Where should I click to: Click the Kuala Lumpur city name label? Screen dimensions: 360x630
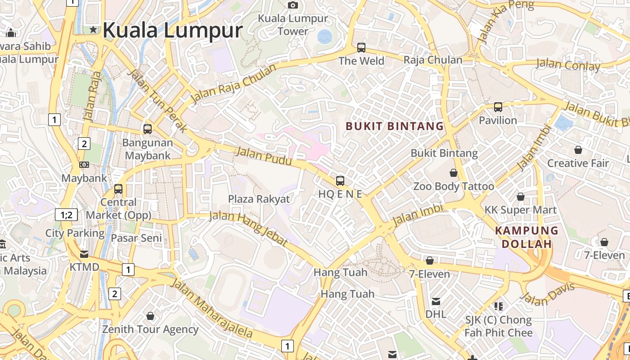click(x=172, y=30)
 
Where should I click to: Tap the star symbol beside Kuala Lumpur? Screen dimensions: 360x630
click(x=93, y=30)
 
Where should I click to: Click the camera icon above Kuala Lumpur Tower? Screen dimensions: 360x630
click(x=293, y=5)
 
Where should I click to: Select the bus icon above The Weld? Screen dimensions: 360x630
click(x=361, y=47)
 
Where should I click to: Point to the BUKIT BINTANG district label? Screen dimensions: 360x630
click(x=395, y=126)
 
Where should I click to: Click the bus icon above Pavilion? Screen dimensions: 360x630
click(x=498, y=107)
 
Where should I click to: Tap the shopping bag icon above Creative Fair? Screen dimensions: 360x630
click(x=578, y=150)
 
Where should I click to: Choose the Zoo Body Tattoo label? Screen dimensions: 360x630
click(x=454, y=186)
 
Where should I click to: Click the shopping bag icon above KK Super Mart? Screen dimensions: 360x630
click(x=521, y=197)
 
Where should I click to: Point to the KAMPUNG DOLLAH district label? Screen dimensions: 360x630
click(x=526, y=237)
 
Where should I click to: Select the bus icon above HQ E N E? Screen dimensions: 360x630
click(x=340, y=181)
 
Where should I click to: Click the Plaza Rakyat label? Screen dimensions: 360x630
click(x=259, y=199)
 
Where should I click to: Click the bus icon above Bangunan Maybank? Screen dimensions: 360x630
click(x=147, y=129)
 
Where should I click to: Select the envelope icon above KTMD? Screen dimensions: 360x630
click(x=84, y=254)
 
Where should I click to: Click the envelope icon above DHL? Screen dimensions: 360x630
click(x=436, y=301)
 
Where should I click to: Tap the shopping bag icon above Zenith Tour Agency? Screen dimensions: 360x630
click(x=150, y=316)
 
